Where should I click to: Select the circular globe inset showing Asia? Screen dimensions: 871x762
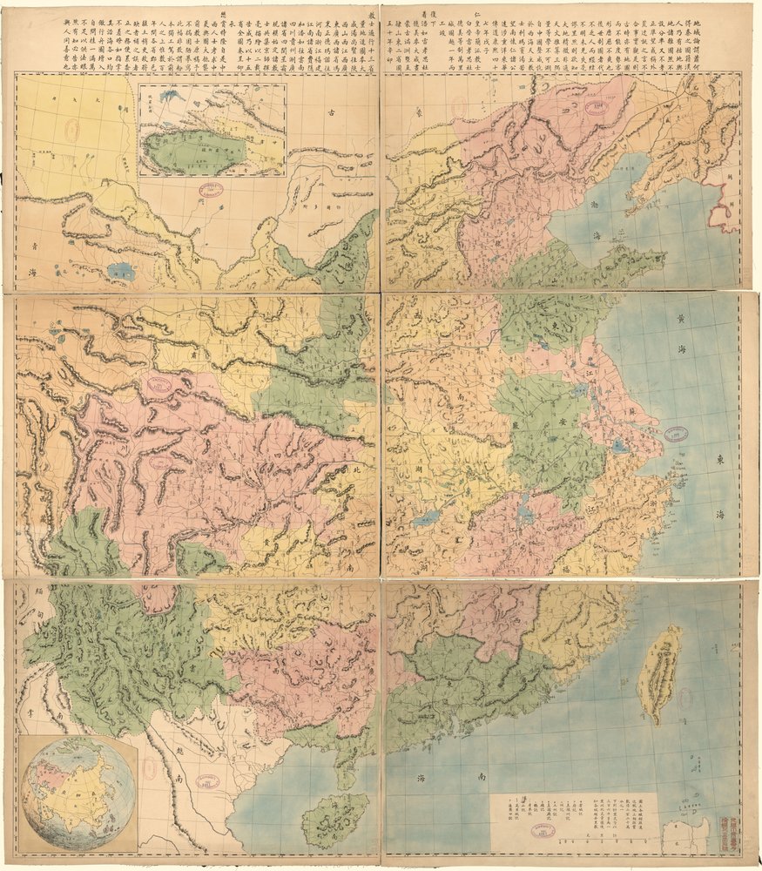tap(78, 793)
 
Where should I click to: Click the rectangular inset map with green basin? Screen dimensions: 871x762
tap(212, 130)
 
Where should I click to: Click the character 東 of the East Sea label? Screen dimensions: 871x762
tap(720, 459)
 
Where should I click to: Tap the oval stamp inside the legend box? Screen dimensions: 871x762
tap(542, 830)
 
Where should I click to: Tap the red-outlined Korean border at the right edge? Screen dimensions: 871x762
tap(725, 205)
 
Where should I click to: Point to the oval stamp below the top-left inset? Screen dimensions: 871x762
tap(212, 189)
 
